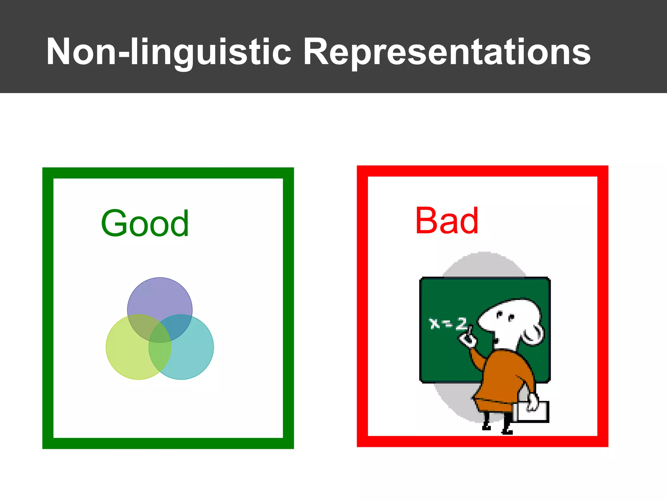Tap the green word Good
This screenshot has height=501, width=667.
pos(145,223)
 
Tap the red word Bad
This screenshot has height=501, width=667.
pos(447,221)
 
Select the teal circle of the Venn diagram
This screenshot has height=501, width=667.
pos(195,356)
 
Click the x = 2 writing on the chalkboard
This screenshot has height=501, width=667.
pos(448,323)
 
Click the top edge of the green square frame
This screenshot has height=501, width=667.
pos(168,173)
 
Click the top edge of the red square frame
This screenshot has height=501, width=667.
pos(482,171)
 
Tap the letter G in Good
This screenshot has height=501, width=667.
pos(114,223)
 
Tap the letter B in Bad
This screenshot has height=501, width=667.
pos(427,221)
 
